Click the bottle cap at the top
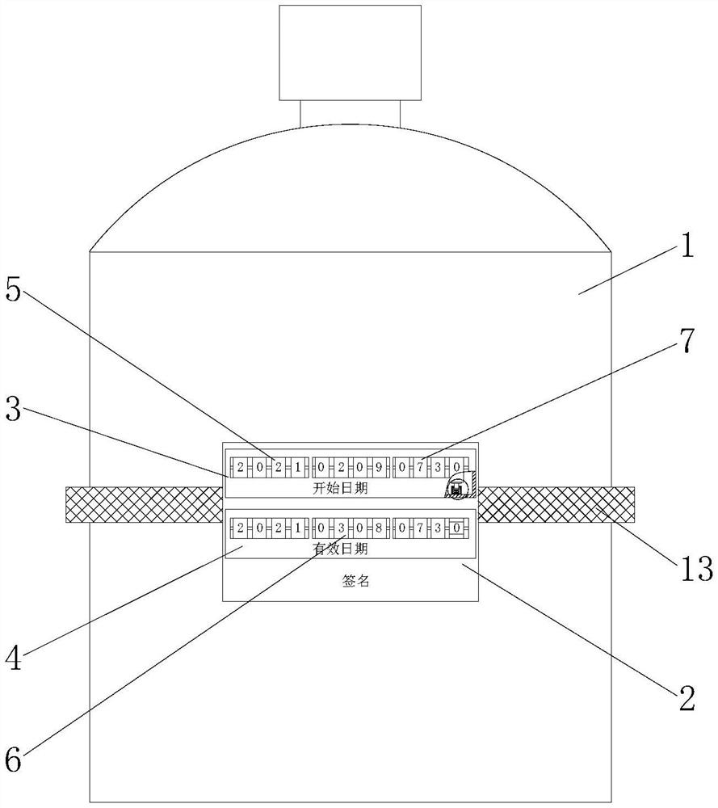351,53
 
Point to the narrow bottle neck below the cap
351,113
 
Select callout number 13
697,568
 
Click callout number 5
14,289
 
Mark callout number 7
687,340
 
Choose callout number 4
14,658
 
